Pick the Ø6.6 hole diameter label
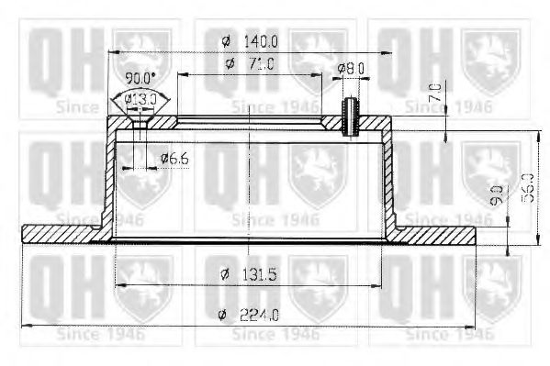click(174, 159)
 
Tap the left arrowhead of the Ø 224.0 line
click(25, 327)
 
